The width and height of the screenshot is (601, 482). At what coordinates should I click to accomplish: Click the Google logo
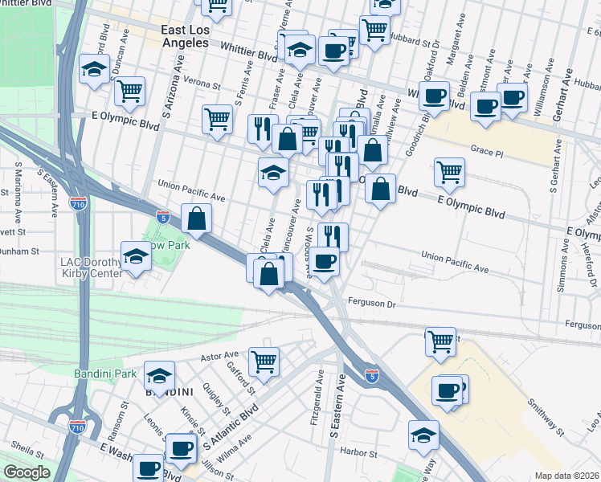[27, 472]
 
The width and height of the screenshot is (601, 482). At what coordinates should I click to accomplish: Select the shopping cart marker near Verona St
[129, 91]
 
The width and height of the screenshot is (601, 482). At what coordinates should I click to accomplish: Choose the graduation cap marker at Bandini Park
[159, 374]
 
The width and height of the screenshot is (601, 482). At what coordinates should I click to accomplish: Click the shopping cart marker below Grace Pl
[449, 170]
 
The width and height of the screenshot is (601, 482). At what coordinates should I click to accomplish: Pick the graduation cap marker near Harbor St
[423, 435]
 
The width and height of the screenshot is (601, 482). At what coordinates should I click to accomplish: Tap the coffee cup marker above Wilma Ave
[182, 447]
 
